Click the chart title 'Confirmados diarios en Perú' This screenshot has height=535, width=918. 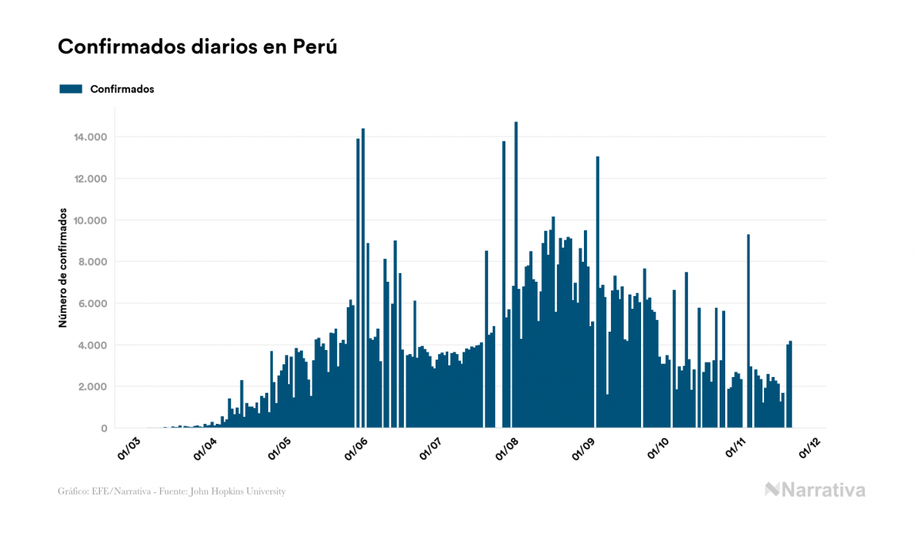click(198, 47)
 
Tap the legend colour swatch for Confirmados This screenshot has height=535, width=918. click(71, 89)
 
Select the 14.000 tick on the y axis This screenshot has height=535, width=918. click(91, 137)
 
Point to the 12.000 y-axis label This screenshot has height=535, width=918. click(91, 179)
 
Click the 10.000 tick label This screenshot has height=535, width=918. click(91, 221)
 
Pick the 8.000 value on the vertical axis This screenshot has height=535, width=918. click(94, 262)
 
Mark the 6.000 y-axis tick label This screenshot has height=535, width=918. click(94, 304)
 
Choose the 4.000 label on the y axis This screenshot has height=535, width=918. click(94, 345)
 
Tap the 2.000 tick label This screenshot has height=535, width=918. click(94, 387)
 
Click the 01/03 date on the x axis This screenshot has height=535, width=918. click(129, 447)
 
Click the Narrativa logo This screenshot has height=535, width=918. click(815, 490)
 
